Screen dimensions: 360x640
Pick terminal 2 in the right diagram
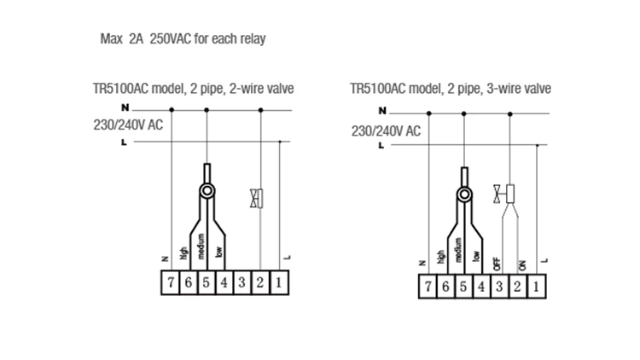click(x=517, y=287)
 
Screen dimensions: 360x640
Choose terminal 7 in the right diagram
click(x=427, y=287)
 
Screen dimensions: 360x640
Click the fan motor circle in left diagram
click(x=207, y=192)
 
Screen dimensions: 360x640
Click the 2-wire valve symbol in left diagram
click(x=256, y=199)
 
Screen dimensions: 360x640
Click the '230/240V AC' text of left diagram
click(x=128, y=125)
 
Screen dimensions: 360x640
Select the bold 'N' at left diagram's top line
click(x=125, y=108)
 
